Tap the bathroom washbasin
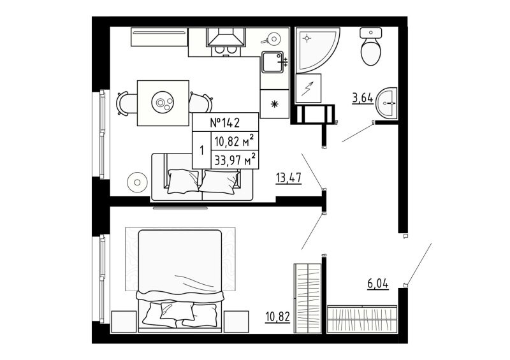pos(386,103)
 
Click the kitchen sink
pos(274,62)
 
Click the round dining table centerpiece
pos(163,102)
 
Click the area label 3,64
pos(362,98)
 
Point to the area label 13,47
pos(288,177)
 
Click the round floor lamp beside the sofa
pos(137,183)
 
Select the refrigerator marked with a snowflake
pos(275,104)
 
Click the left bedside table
pos(124,320)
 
